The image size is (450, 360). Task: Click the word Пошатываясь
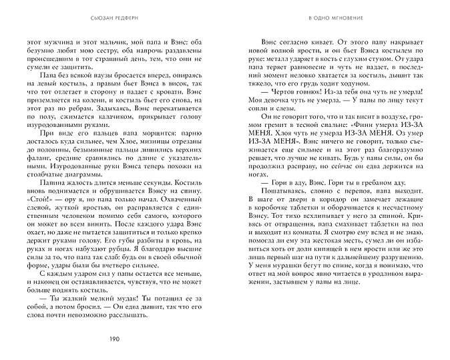pos(276,188)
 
